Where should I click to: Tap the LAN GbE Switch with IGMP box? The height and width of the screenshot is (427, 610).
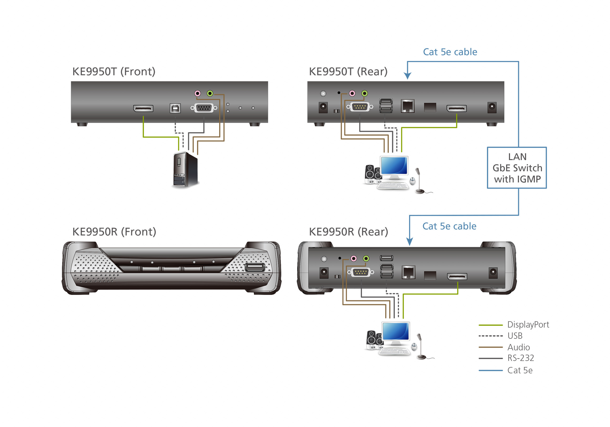(517, 168)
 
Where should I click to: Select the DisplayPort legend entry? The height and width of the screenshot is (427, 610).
(528, 325)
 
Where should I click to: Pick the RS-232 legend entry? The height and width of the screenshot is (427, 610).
(520, 358)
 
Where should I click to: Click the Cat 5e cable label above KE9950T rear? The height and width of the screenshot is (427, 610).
(450, 52)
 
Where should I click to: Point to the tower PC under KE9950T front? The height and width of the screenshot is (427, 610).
(185, 170)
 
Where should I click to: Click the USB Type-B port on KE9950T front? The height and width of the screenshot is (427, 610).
(175, 108)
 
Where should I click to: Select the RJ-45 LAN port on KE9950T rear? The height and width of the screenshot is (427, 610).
(407, 106)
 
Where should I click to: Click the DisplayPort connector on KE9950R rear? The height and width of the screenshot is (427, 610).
(457, 276)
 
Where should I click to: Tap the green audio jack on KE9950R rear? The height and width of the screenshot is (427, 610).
(366, 258)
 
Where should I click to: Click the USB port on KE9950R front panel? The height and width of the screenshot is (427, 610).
(254, 267)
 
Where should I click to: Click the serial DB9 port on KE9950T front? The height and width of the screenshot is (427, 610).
(204, 108)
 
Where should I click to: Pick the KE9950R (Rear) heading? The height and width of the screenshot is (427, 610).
(348, 232)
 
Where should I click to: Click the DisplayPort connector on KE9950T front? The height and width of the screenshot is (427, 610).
(143, 108)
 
